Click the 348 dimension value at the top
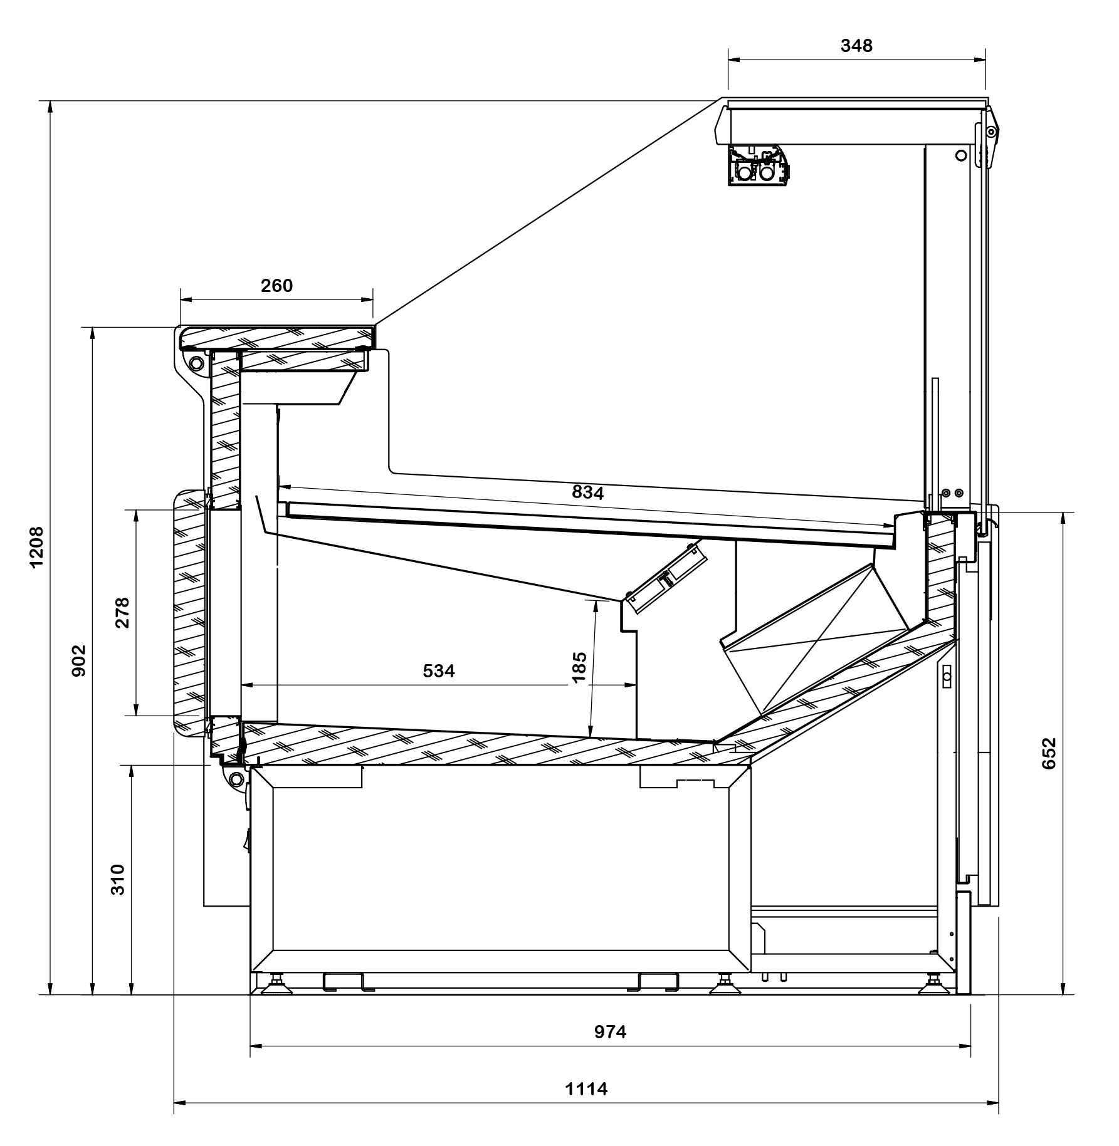coord(856,46)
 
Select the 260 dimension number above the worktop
coord(276,286)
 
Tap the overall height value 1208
coord(37,546)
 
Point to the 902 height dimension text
coord(79,660)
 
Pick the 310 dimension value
coord(118,880)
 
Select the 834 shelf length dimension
coord(588,492)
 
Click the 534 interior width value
coord(439,671)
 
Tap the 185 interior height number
coord(579,669)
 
